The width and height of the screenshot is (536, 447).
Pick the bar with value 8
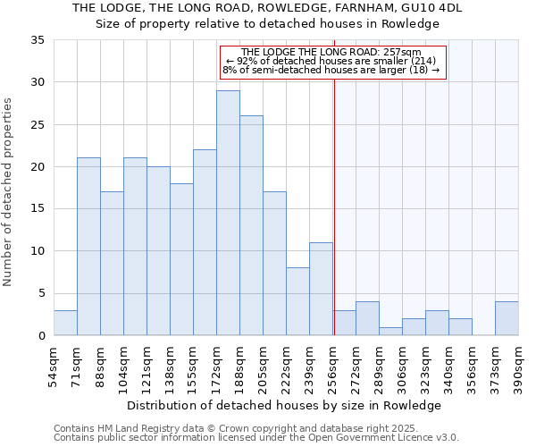pos(297,301)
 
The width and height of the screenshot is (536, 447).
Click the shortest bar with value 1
pos(390,331)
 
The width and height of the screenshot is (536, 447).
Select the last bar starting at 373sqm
pos(507,318)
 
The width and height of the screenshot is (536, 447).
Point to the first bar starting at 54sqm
pos(65,323)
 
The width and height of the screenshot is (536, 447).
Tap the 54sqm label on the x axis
pos(54,364)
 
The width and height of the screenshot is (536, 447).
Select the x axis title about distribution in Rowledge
pos(284,405)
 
